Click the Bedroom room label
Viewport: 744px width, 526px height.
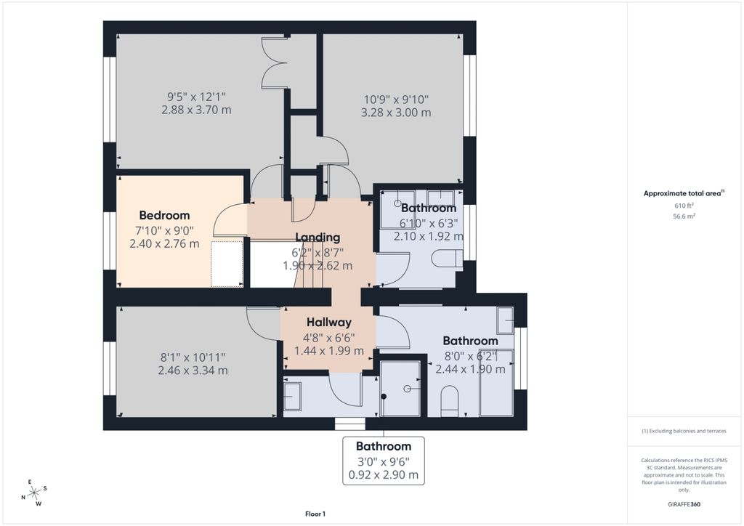tap(164, 215)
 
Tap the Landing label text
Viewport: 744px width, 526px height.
tap(318, 237)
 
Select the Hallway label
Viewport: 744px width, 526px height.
tap(328, 322)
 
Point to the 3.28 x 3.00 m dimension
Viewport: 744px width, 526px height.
tap(395, 113)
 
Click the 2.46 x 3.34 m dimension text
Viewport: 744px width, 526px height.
tap(193, 371)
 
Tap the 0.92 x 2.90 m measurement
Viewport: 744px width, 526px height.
tap(384, 475)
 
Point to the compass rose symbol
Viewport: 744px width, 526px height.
tap(34, 493)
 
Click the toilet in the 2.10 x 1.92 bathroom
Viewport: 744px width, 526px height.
tap(447, 258)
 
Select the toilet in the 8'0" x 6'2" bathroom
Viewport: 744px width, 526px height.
tap(450, 402)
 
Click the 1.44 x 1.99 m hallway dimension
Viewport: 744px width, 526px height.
tap(328, 350)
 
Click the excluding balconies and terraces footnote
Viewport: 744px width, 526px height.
tap(684, 431)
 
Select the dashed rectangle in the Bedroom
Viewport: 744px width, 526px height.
tap(226, 264)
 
